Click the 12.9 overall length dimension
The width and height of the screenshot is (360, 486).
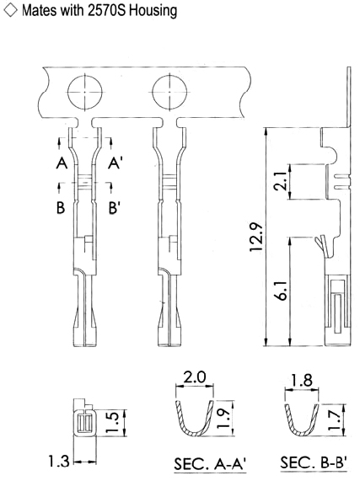(x=257, y=238)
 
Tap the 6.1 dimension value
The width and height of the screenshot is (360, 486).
(x=282, y=291)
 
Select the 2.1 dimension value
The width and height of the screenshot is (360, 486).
(x=282, y=181)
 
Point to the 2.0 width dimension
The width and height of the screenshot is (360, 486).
(x=195, y=377)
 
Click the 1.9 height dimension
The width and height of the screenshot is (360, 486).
(x=223, y=418)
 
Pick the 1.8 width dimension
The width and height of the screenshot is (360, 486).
(x=302, y=380)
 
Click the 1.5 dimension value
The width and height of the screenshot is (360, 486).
(x=112, y=422)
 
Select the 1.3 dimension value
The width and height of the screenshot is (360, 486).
(x=59, y=461)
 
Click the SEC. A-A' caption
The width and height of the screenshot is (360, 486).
(x=210, y=464)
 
